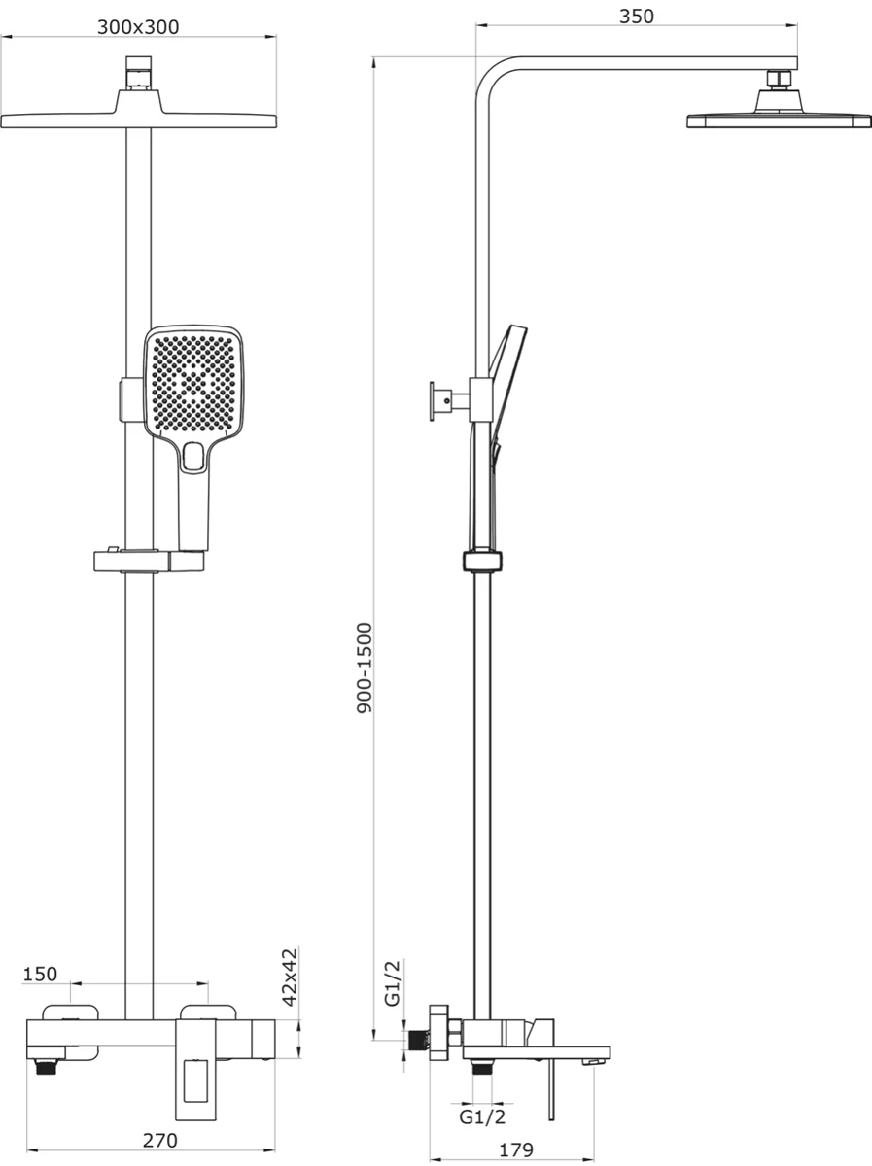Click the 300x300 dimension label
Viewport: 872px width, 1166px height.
(x=138, y=27)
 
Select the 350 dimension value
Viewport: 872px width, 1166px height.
(x=636, y=17)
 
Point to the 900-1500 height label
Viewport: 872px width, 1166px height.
(x=365, y=668)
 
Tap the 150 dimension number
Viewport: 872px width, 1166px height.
(x=40, y=974)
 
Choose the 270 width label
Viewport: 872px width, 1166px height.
(x=160, y=1125)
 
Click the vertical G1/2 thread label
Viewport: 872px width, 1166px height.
(x=392, y=983)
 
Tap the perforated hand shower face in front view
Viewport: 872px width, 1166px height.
(x=193, y=383)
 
